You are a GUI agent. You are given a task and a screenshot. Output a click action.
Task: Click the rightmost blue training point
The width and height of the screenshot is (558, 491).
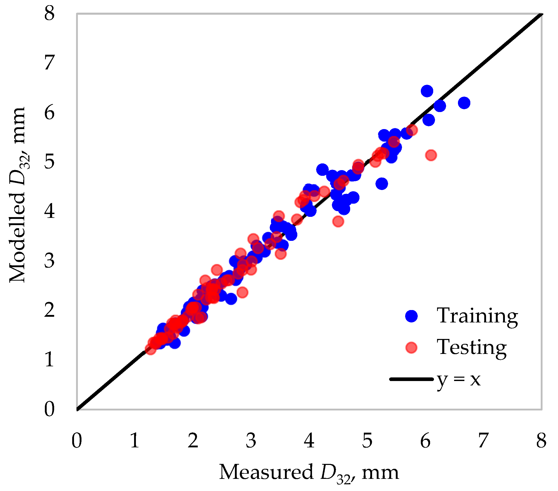(464, 103)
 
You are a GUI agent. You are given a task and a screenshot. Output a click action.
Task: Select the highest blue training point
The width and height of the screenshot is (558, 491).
(427, 91)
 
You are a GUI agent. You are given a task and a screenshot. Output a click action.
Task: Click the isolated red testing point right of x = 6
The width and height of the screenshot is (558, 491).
(431, 155)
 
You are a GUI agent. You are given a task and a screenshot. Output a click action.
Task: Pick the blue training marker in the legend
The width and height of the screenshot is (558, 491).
(411, 316)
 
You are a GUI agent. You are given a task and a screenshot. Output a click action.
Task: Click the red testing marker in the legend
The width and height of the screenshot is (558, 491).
(411, 348)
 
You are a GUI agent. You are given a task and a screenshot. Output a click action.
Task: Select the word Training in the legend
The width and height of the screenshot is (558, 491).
(477, 316)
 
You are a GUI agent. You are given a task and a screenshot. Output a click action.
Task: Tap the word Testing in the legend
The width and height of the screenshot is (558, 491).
(472, 347)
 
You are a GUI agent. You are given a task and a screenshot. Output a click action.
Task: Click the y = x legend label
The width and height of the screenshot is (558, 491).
(459, 380)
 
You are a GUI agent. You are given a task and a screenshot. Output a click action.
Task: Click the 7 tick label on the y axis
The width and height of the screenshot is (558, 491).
(50, 62)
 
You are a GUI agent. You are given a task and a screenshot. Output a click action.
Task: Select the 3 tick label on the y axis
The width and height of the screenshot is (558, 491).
(50, 261)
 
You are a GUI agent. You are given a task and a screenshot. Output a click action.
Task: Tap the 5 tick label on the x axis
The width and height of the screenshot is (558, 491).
(367, 440)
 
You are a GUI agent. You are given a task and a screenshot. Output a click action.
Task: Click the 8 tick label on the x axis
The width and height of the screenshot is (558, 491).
(541, 440)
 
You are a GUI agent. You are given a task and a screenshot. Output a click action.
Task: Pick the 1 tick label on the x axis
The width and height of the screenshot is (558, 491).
(135, 440)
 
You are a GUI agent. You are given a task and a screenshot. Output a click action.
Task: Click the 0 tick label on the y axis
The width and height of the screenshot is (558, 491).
(50, 409)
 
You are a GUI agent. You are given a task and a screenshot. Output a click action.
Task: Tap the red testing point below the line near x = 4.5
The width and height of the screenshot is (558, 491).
(338, 221)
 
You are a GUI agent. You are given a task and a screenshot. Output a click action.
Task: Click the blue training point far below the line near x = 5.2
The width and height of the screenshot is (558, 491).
(382, 184)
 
